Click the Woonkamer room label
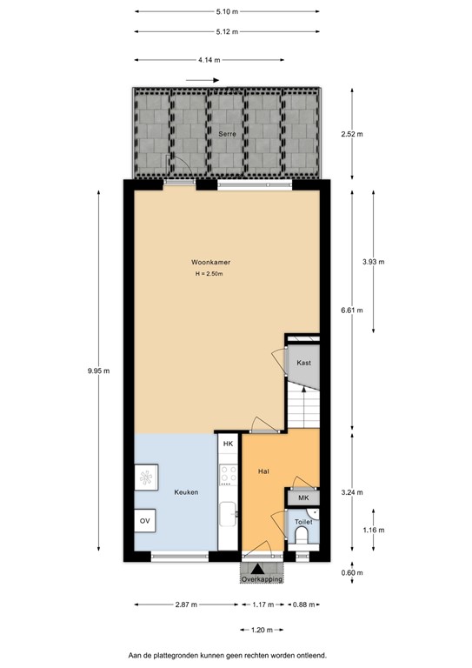coord(211,262)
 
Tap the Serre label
coord(228,134)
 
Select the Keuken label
coord(186,492)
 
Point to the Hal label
coord(263,471)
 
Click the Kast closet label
coord(303,362)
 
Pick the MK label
coord(303,498)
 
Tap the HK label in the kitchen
coord(229,444)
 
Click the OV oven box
coord(143,521)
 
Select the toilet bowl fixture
coord(302,537)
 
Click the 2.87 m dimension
coord(185,605)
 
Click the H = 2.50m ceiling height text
coord(209,276)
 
